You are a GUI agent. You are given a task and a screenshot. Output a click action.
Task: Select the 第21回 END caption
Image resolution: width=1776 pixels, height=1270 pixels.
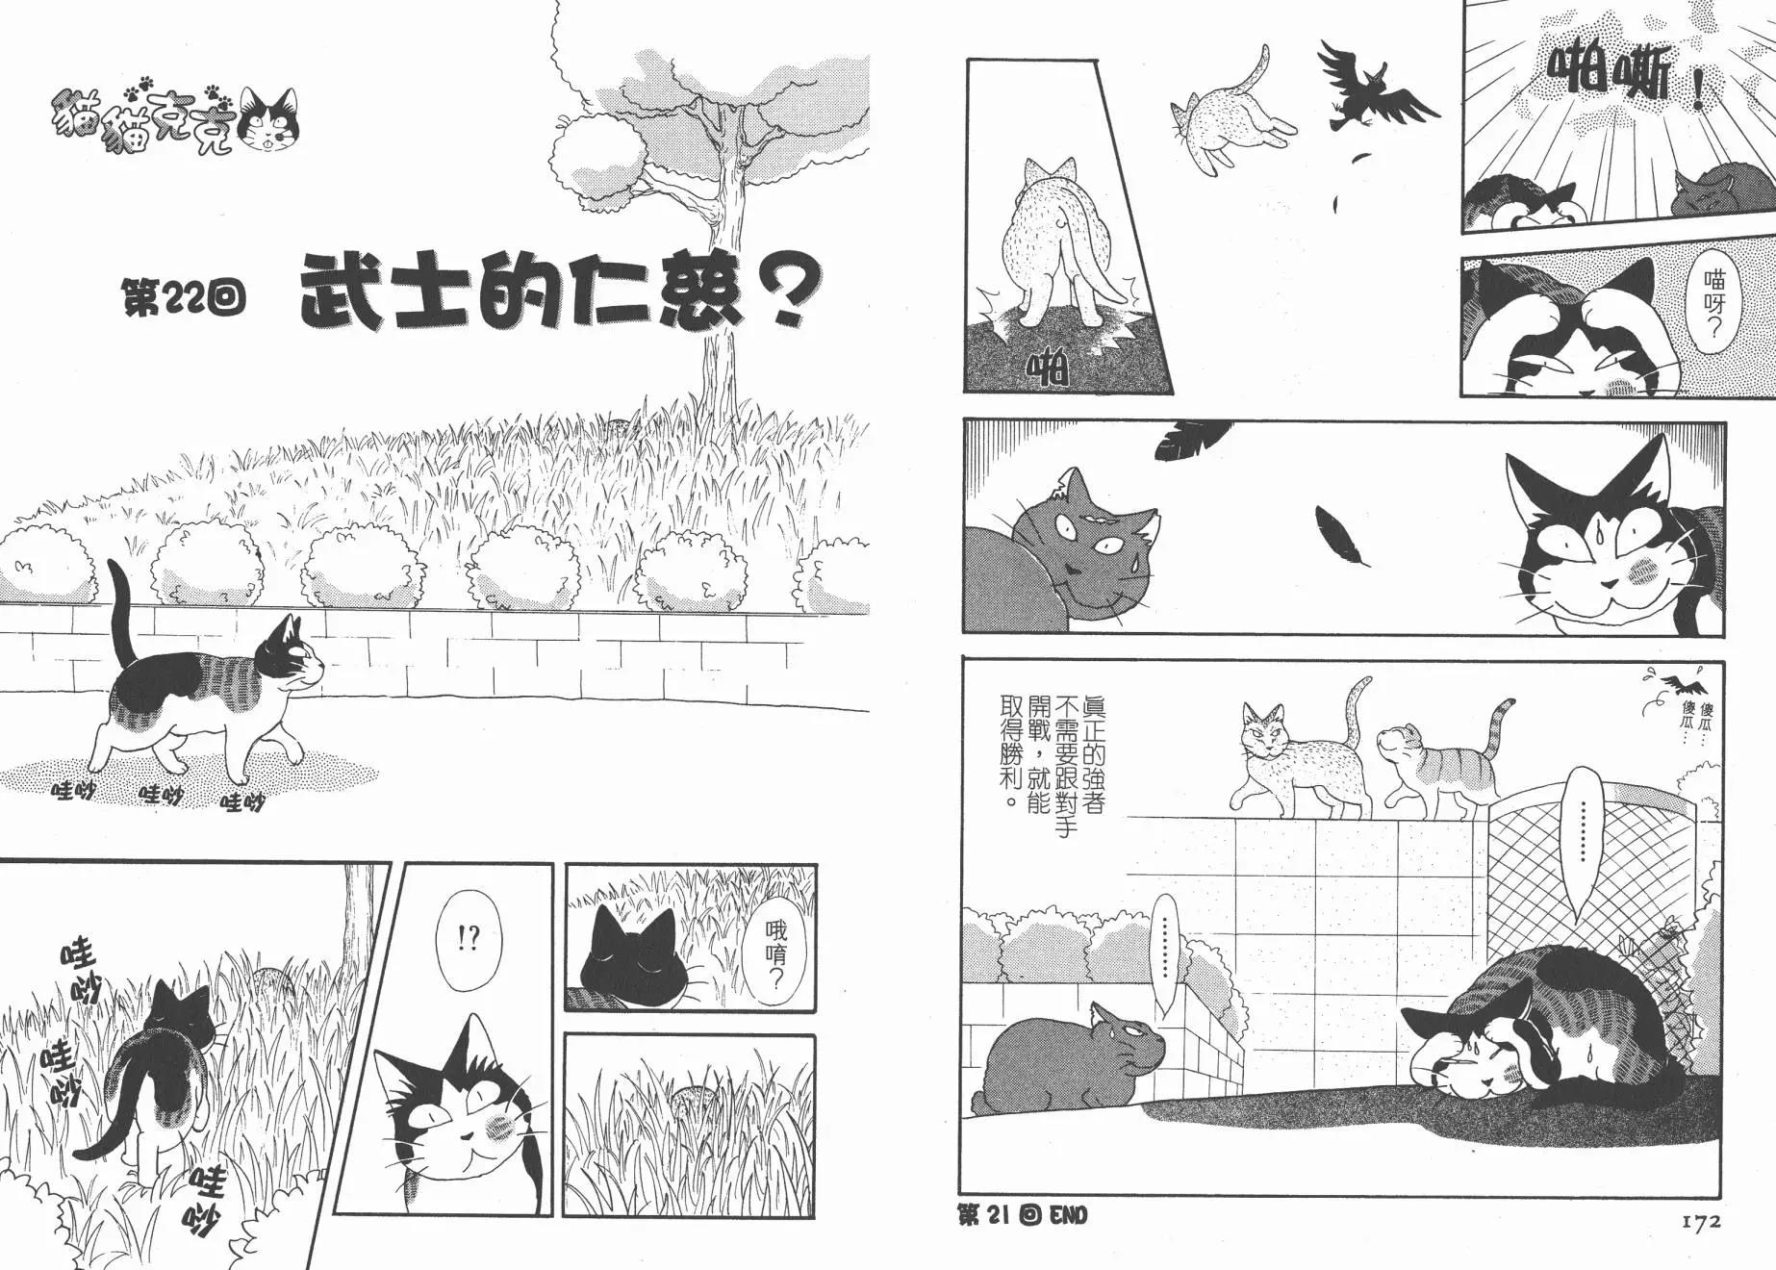tap(1024, 1215)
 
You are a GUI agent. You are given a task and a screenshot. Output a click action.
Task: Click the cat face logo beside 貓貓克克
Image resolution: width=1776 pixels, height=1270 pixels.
tap(267, 121)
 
